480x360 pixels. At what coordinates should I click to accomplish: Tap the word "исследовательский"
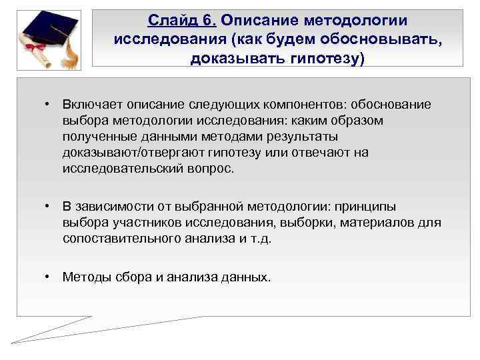tap(119, 169)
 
